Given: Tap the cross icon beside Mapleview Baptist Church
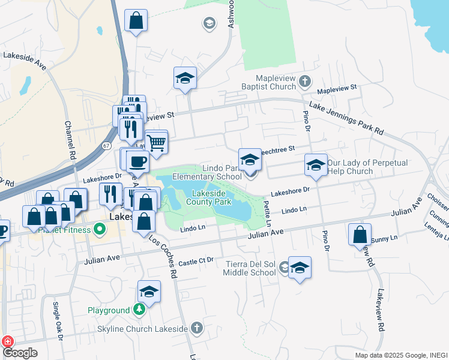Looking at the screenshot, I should [x=305, y=80].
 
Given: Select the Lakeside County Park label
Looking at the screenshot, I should [x=211, y=198].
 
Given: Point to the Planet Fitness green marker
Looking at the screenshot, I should [x=99, y=229].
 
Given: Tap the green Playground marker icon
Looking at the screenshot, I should [x=139, y=310].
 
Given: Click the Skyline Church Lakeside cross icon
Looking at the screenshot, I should [x=197, y=328].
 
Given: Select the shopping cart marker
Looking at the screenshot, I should [x=156, y=143].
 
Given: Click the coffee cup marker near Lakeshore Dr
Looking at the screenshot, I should [x=137, y=160].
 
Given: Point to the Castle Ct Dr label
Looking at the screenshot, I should [x=196, y=262].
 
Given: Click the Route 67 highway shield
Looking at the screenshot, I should [x=106, y=145].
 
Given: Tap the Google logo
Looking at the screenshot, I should [x=20, y=353].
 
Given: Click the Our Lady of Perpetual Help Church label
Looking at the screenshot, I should [x=367, y=167].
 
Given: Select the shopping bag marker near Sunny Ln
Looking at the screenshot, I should [x=360, y=235].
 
